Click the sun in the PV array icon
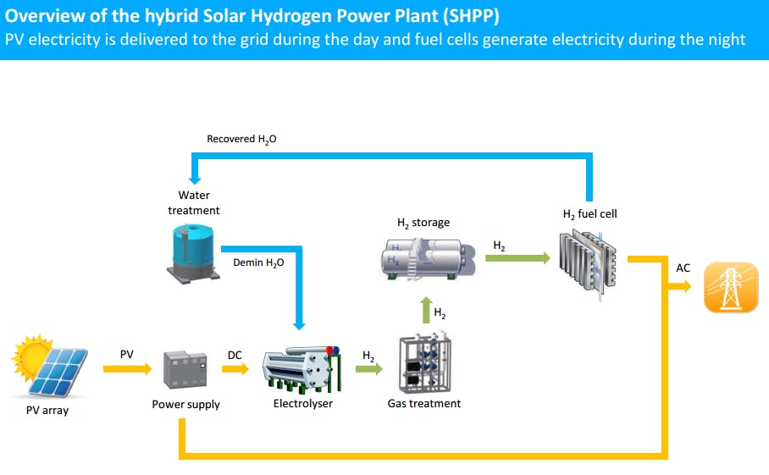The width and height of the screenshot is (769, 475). pyautogui.click(x=33, y=355)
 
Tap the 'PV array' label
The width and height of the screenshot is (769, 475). pyautogui.click(x=47, y=411)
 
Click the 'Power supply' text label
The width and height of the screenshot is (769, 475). pyautogui.click(x=185, y=405)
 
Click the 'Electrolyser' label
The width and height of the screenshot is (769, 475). pyautogui.click(x=303, y=404)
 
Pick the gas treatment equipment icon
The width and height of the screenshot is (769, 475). pyautogui.click(x=424, y=365)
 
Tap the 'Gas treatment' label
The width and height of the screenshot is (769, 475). pyautogui.click(x=424, y=404)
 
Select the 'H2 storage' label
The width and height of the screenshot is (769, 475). pyautogui.click(x=423, y=223)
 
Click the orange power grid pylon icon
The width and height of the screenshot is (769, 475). pyautogui.click(x=730, y=287)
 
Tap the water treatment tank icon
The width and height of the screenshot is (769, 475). pyautogui.click(x=193, y=251)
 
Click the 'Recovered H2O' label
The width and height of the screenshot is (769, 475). pyautogui.click(x=241, y=139)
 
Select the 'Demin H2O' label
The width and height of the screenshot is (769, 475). pyautogui.click(x=258, y=263)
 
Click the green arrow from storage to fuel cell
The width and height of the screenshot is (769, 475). pyautogui.click(x=517, y=257)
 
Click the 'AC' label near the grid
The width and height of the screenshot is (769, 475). pyautogui.click(x=683, y=268)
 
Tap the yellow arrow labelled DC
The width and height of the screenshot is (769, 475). pyautogui.click(x=236, y=368)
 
